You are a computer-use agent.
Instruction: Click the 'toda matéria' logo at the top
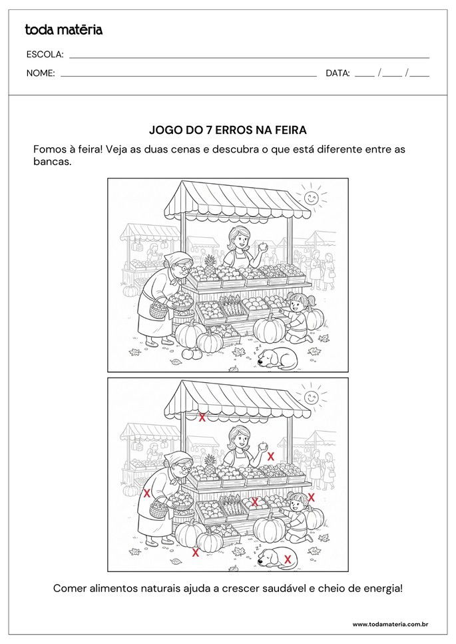click(x=63, y=29)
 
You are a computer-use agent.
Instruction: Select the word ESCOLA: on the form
click(x=45, y=55)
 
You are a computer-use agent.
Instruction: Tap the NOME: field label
click(x=40, y=73)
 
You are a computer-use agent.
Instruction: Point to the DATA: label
click(x=338, y=73)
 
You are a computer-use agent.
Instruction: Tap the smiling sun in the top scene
click(x=311, y=197)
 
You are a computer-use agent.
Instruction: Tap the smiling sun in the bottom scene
click(x=311, y=397)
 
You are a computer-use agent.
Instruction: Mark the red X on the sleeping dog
click(x=288, y=559)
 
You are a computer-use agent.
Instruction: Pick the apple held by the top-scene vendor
click(x=263, y=246)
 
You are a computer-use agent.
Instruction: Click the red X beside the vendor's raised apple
click(x=271, y=456)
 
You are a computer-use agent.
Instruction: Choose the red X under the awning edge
click(x=202, y=418)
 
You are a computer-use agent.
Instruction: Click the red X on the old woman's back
click(x=146, y=493)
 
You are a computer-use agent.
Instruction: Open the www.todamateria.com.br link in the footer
click(x=389, y=625)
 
